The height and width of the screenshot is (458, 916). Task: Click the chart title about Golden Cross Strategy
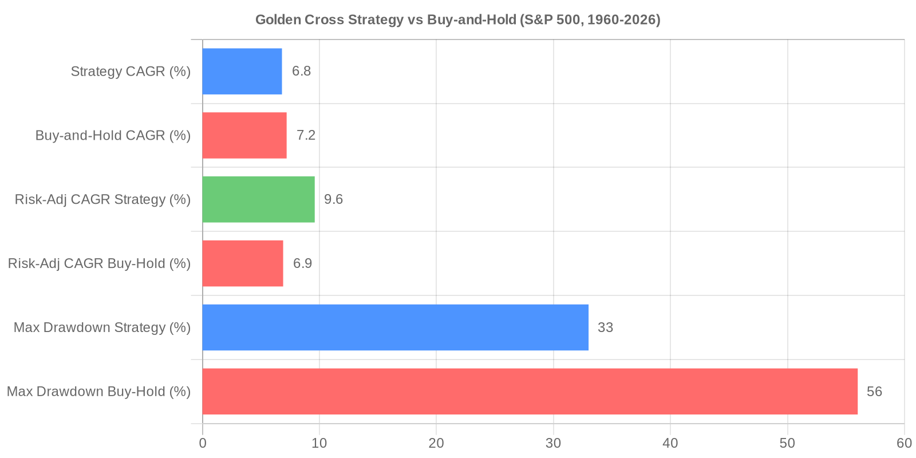point(457,20)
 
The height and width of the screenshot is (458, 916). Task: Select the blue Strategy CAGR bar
point(242,71)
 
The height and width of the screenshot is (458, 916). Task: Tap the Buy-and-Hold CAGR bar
point(244,135)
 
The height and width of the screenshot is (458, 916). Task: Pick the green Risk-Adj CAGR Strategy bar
point(258,199)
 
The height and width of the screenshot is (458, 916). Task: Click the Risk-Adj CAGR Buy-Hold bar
point(243,263)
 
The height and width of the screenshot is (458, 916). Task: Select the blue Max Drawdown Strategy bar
point(396,327)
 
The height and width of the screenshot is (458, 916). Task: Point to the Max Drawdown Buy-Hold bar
point(530,392)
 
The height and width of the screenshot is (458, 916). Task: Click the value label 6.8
point(302,71)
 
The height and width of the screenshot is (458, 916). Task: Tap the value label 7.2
point(306,135)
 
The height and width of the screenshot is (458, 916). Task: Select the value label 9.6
point(334,199)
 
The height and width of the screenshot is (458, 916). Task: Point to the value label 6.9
point(303,263)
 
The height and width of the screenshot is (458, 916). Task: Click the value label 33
point(605,327)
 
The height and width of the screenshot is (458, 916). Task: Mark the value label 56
point(874,392)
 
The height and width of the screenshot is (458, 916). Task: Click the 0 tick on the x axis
point(203,443)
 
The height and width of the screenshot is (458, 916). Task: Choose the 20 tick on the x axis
point(436,443)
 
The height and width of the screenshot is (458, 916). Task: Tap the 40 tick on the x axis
point(670,443)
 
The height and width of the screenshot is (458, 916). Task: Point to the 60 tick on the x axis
point(904,443)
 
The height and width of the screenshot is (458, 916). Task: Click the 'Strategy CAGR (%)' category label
point(131,72)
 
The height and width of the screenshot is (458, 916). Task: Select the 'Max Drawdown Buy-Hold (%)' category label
point(98,392)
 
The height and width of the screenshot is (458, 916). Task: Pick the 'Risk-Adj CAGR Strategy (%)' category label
point(102,200)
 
